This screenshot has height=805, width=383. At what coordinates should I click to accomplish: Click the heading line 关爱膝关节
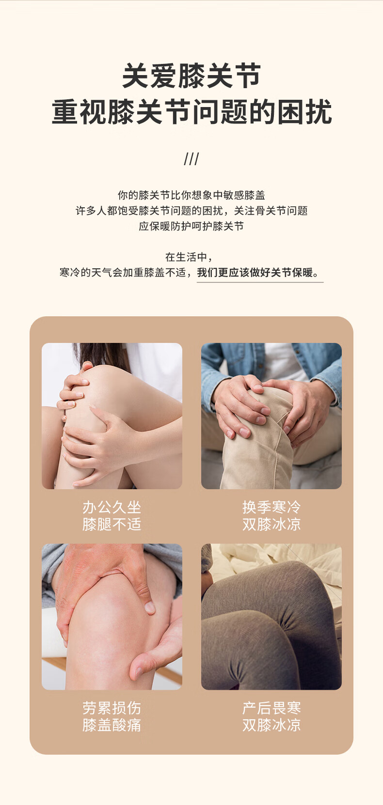tap(191, 76)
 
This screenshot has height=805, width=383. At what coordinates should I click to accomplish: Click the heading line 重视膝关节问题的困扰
tap(191, 112)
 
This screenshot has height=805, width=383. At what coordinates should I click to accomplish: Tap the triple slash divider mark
tap(191, 159)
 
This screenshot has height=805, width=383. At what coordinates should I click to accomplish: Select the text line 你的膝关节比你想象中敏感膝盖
tap(191, 195)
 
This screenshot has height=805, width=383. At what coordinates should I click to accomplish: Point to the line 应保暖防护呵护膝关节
tap(191, 226)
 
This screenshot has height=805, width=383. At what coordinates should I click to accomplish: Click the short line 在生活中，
tap(189, 257)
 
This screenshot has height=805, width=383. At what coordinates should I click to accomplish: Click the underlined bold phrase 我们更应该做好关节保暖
tap(255, 272)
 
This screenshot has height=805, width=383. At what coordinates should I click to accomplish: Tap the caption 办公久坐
tap(112, 507)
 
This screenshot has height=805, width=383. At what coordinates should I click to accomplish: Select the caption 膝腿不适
tap(112, 525)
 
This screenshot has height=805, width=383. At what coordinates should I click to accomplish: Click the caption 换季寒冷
tap(271, 507)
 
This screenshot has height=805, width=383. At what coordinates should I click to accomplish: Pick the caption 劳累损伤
tap(112, 708)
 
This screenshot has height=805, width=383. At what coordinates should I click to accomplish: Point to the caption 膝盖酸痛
tap(112, 725)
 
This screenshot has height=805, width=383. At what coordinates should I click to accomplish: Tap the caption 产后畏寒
tap(271, 708)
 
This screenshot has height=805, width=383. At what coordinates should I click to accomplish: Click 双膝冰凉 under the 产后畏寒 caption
tap(271, 725)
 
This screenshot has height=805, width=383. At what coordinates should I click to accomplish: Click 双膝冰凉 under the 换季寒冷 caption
tap(271, 525)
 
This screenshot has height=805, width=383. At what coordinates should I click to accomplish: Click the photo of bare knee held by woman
tap(112, 416)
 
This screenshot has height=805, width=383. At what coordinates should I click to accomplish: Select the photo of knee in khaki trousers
tap(271, 416)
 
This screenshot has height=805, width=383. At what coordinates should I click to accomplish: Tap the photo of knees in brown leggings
tap(271, 617)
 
